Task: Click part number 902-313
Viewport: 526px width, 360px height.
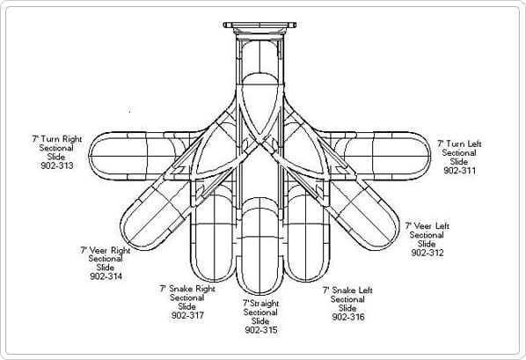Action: [x=57, y=165]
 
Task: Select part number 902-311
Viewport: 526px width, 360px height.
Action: [x=459, y=170]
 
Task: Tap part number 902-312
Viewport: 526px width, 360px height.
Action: [x=427, y=253]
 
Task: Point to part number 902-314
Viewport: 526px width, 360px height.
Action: [x=106, y=276]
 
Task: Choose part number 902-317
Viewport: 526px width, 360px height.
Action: [x=187, y=315]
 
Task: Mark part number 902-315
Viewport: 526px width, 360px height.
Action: [x=261, y=330]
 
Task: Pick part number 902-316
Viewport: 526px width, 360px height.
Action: [x=348, y=317]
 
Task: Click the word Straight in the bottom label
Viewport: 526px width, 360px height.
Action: [x=265, y=304]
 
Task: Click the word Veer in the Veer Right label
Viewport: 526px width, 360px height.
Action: [x=99, y=251]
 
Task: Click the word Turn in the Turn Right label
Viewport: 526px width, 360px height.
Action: [x=51, y=139]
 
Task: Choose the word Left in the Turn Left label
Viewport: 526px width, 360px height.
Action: [x=474, y=143]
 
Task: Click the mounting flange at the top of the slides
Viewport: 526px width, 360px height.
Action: [x=259, y=26]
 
